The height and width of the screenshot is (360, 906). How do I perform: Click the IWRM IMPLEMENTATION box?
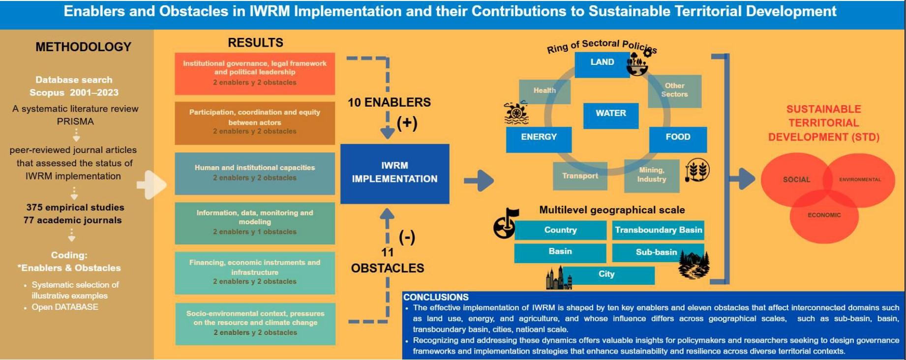(394, 173)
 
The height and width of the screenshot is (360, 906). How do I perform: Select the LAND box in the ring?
(602, 63)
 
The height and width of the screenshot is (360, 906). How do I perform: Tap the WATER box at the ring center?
(611, 115)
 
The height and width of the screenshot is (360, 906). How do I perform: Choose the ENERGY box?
(539, 138)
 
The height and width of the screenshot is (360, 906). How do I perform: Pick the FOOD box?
(678, 138)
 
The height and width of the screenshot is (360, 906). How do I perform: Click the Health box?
(544, 91)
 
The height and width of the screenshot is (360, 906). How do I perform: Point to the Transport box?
(580, 176)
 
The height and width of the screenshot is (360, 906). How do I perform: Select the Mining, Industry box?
(652, 175)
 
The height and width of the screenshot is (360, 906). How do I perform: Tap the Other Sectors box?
(674, 90)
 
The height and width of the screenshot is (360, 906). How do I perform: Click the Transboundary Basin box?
(658, 230)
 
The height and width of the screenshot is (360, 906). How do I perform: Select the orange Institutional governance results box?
(255, 73)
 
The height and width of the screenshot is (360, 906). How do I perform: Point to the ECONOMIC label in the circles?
(824, 215)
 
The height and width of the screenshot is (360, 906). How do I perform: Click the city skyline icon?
(558, 278)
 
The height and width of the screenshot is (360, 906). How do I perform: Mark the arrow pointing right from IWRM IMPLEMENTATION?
(479, 180)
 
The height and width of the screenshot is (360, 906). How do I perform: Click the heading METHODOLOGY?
(83, 47)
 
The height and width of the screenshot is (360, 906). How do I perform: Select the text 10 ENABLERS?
(389, 103)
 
